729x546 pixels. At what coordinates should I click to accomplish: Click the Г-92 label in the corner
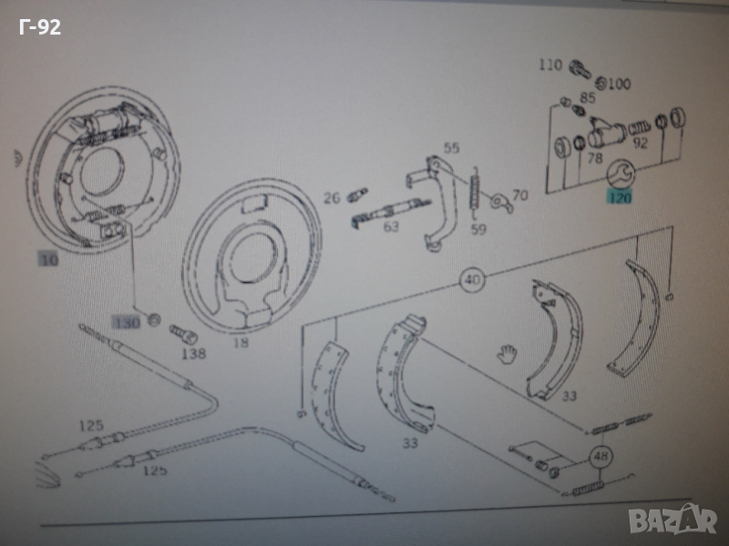(40, 27)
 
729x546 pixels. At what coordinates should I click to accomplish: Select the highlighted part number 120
(620, 196)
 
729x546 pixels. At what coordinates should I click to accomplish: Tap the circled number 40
(472, 279)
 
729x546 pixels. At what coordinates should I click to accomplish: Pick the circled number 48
(600, 457)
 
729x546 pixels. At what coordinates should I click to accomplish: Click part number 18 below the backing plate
(241, 343)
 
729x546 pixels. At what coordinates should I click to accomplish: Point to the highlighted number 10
(49, 260)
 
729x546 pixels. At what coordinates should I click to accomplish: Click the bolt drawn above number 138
(179, 333)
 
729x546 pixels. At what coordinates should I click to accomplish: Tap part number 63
(391, 227)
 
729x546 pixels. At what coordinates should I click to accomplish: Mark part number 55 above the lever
(452, 147)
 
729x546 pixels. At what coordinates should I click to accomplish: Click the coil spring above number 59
(474, 193)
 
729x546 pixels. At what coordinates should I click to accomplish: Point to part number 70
(519, 195)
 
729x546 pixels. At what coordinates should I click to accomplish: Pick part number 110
(550, 65)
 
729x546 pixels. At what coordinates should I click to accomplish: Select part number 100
(619, 85)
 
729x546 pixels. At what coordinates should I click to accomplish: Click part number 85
(588, 97)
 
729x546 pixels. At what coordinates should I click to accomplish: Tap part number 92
(640, 142)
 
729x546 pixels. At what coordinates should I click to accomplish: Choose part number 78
(595, 158)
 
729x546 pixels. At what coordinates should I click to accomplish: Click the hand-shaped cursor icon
(507, 351)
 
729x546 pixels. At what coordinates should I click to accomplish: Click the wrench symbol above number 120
(621, 172)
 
